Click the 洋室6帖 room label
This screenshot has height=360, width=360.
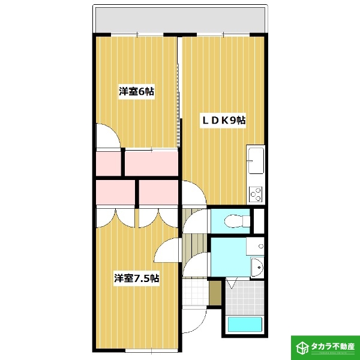pos(136,92)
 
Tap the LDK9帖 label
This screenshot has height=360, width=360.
pos(223,121)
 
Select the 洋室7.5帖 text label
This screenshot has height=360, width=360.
pos(137,278)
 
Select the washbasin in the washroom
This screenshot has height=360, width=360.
pos(256,266)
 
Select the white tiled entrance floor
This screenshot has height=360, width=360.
pos(193,292)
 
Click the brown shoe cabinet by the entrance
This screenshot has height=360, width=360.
pos(215,292)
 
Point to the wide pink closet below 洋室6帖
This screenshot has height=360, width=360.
pos(151,163)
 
